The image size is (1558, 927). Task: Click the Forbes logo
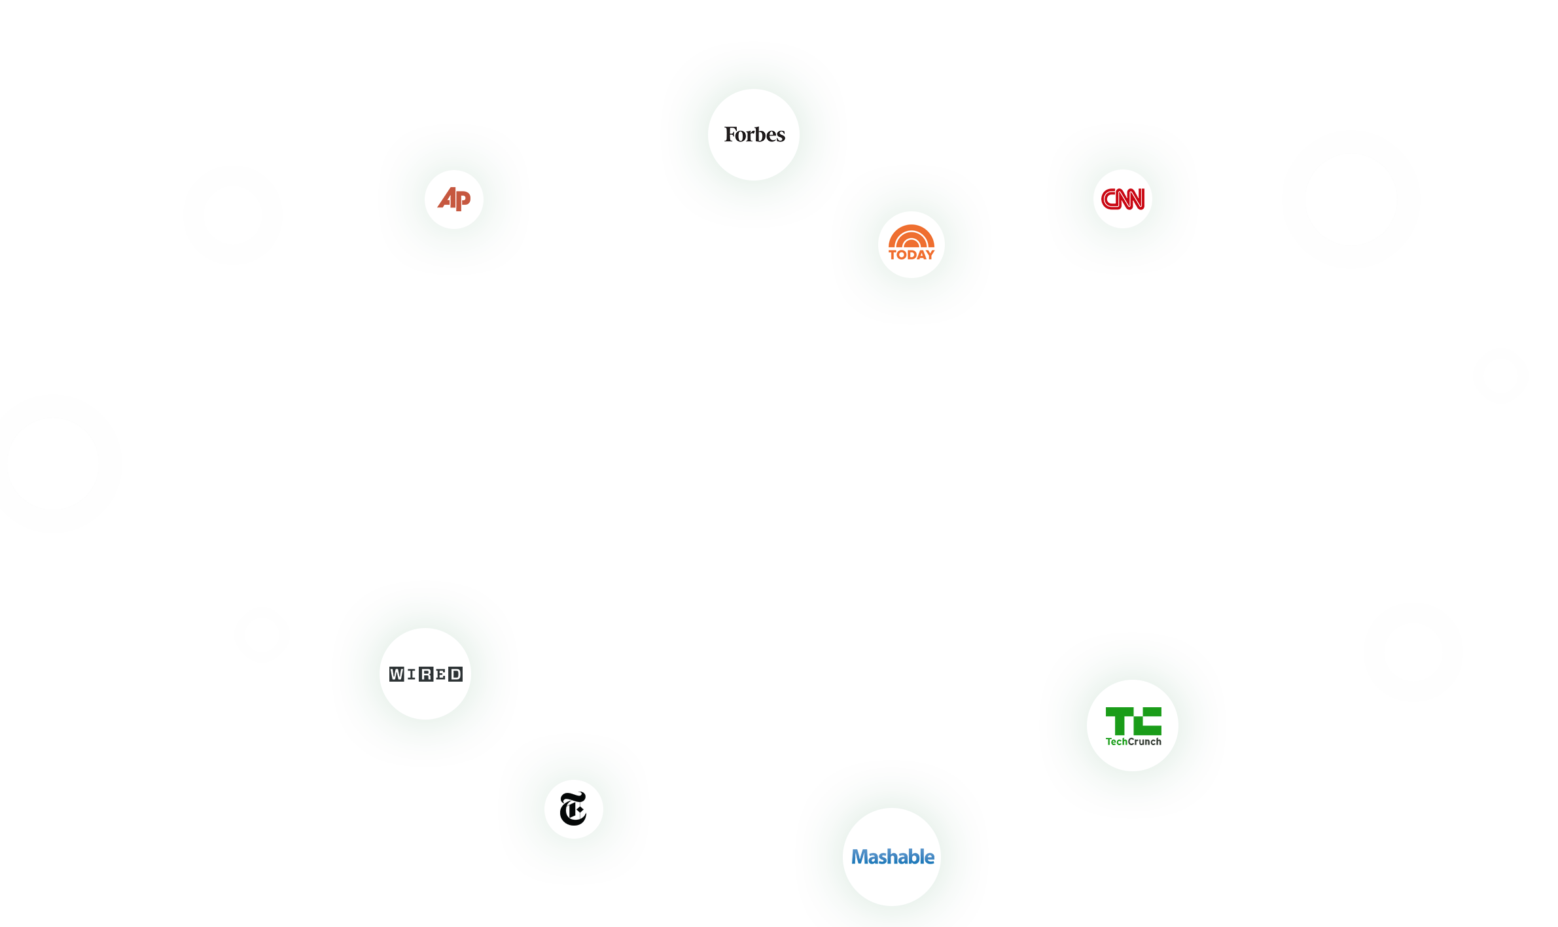(754, 135)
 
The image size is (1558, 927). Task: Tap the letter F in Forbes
(730, 135)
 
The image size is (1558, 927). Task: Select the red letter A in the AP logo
(447, 198)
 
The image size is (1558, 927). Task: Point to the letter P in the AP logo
(463, 200)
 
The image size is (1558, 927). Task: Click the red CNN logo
(1123, 199)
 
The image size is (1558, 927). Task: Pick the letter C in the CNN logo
(1108, 199)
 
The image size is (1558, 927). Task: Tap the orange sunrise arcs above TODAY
(912, 236)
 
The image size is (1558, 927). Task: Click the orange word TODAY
(912, 255)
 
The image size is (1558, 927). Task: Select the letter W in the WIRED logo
(397, 674)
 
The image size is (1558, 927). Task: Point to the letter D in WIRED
(455, 674)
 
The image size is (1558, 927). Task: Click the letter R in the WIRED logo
(426, 674)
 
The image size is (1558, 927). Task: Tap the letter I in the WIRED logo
(412, 674)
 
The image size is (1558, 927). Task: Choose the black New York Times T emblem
(573, 809)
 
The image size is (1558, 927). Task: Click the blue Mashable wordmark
(893, 857)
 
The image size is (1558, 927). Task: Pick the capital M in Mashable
(860, 858)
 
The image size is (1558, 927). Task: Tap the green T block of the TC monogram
(1120, 721)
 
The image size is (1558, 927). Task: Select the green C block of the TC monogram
(1148, 721)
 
